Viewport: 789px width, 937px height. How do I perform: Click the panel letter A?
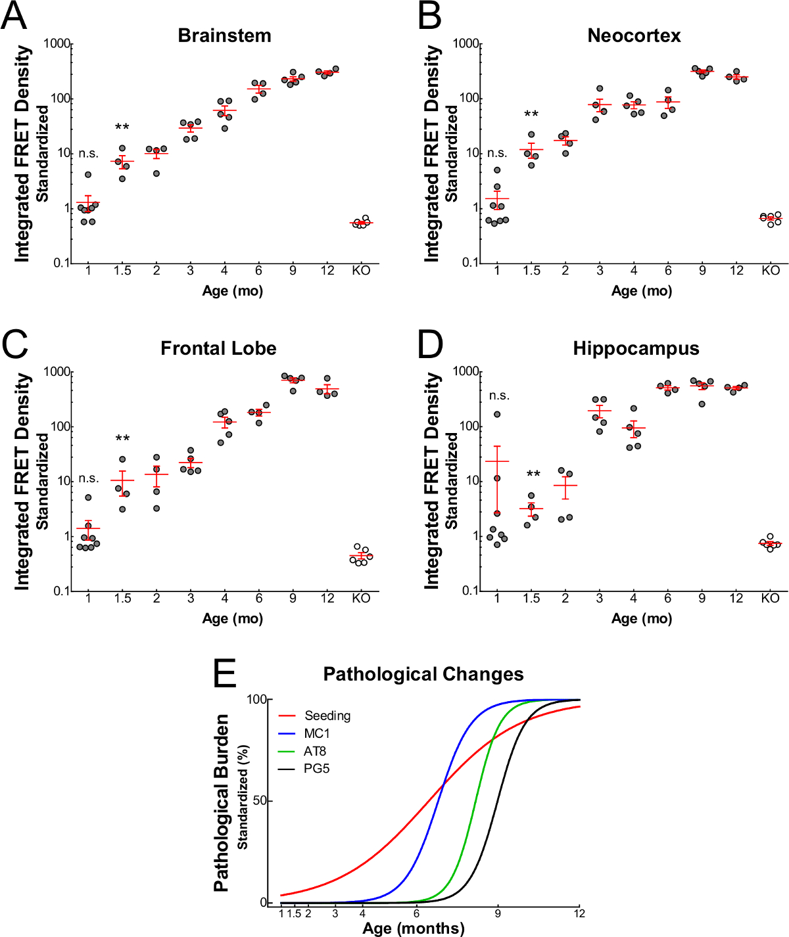pyautogui.click(x=14, y=16)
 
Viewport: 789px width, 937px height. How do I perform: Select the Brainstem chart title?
pyautogui.click(x=224, y=35)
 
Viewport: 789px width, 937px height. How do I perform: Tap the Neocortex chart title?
pyautogui.click(x=634, y=35)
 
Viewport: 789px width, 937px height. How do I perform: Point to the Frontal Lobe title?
pyautogui.click(x=218, y=348)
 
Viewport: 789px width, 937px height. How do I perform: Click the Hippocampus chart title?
pyautogui.click(x=636, y=348)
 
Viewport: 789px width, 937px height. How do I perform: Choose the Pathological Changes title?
pyautogui.click(x=423, y=674)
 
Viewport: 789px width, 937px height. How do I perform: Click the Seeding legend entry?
pyautogui.click(x=327, y=716)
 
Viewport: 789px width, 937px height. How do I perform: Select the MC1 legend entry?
pyautogui.click(x=316, y=733)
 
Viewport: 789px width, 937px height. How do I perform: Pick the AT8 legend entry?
pyautogui.click(x=315, y=751)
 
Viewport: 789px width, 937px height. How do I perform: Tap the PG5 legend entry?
pyautogui.click(x=316, y=769)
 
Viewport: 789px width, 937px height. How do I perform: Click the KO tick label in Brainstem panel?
pyautogui.click(x=361, y=271)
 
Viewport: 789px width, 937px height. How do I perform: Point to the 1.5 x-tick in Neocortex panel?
pyautogui.click(x=531, y=271)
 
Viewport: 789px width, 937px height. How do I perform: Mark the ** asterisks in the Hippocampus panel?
pyautogui.click(x=533, y=474)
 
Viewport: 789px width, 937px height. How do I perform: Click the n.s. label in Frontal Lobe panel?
pyautogui.click(x=89, y=478)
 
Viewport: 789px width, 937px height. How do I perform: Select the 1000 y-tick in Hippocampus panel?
pyautogui.click(x=467, y=372)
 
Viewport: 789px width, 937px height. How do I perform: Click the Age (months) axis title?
pyautogui.click(x=413, y=928)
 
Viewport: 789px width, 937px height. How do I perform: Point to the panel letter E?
pyautogui.click(x=224, y=674)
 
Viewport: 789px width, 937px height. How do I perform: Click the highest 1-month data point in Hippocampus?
pyautogui.click(x=497, y=415)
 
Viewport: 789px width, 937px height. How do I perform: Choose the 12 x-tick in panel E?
pyautogui.click(x=579, y=913)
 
